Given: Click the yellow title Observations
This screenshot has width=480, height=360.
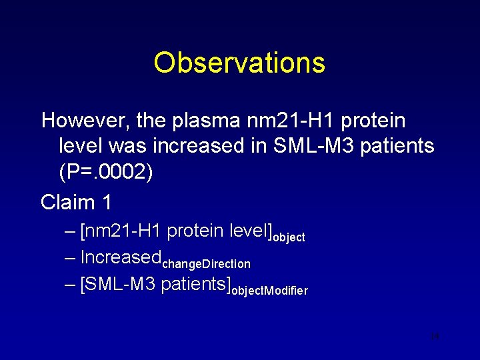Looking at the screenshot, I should point(239,63).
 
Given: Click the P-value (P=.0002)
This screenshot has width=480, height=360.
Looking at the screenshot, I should point(106,172).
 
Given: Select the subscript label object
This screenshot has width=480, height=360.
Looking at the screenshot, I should point(289,237).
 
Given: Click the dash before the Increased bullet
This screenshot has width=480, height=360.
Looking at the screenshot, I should point(71,257).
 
